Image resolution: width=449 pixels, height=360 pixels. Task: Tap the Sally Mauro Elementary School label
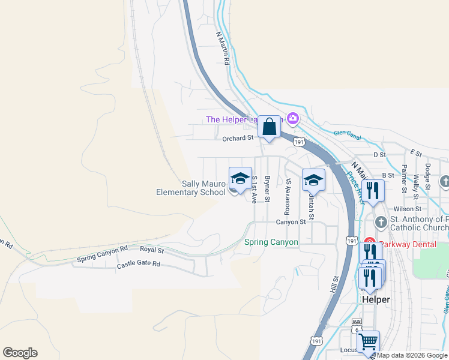pos(190,188)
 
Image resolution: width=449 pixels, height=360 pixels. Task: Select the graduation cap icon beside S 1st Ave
pos(240,179)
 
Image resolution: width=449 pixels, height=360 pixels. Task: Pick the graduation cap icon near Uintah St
pos(313,180)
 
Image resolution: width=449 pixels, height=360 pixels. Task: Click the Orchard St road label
pos(238,139)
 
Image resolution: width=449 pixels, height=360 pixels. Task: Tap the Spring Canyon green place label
pos(271,242)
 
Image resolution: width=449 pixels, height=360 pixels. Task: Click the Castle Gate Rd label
pos(139,264)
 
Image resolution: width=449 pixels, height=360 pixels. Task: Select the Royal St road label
pos(152,249)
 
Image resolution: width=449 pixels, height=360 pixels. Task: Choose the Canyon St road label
pos(291,222)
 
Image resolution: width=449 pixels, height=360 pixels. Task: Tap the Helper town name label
pos(376,299)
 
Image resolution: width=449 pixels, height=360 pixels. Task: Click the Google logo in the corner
pos(20,353)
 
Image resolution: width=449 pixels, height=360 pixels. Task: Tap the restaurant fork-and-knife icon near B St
pos(373,191)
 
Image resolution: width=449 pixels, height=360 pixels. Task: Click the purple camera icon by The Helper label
pos(293,118)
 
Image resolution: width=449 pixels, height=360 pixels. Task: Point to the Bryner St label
pos(268,189)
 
